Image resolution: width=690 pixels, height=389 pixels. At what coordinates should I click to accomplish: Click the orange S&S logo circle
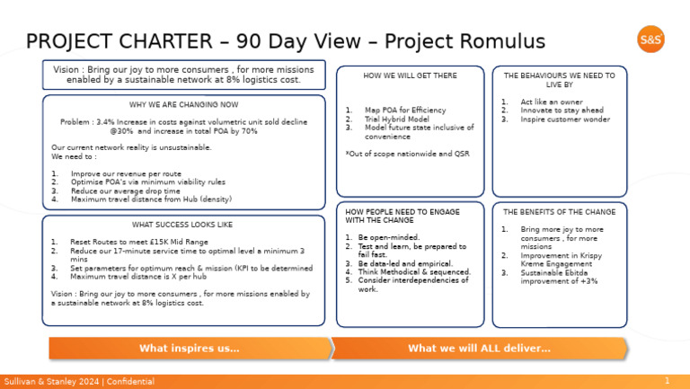pyautogui.click(x=650, y=40)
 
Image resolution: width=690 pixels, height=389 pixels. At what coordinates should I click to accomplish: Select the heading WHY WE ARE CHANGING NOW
pyautogui.click(x=184, y=104)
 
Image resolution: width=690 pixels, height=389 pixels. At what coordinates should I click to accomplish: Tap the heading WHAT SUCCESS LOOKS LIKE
pyautogui.click(x=184, y=225)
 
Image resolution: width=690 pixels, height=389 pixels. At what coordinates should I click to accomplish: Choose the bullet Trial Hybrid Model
pyautogui.click(x=397, y=119)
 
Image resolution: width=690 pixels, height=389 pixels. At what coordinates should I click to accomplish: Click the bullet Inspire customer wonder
pyautogui.click(x=566, y=119)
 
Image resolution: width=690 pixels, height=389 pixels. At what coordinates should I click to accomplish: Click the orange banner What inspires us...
pyautogui.click(x=189, y=348)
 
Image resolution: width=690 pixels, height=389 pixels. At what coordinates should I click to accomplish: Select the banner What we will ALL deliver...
pyautogui.click(x=479, y=348)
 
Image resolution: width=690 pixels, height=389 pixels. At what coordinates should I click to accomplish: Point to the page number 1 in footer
pyautogui.click(x=667, y=381)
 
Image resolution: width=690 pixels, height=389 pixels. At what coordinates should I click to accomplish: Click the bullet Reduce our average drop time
pyautogui.click(x=126, y=190)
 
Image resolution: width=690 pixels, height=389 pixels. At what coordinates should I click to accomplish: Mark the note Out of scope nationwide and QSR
pyautogui.click(x=407, y=154)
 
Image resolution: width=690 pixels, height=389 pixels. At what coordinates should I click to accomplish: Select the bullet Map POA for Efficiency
pyautogui.click(x=405, y=110)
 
